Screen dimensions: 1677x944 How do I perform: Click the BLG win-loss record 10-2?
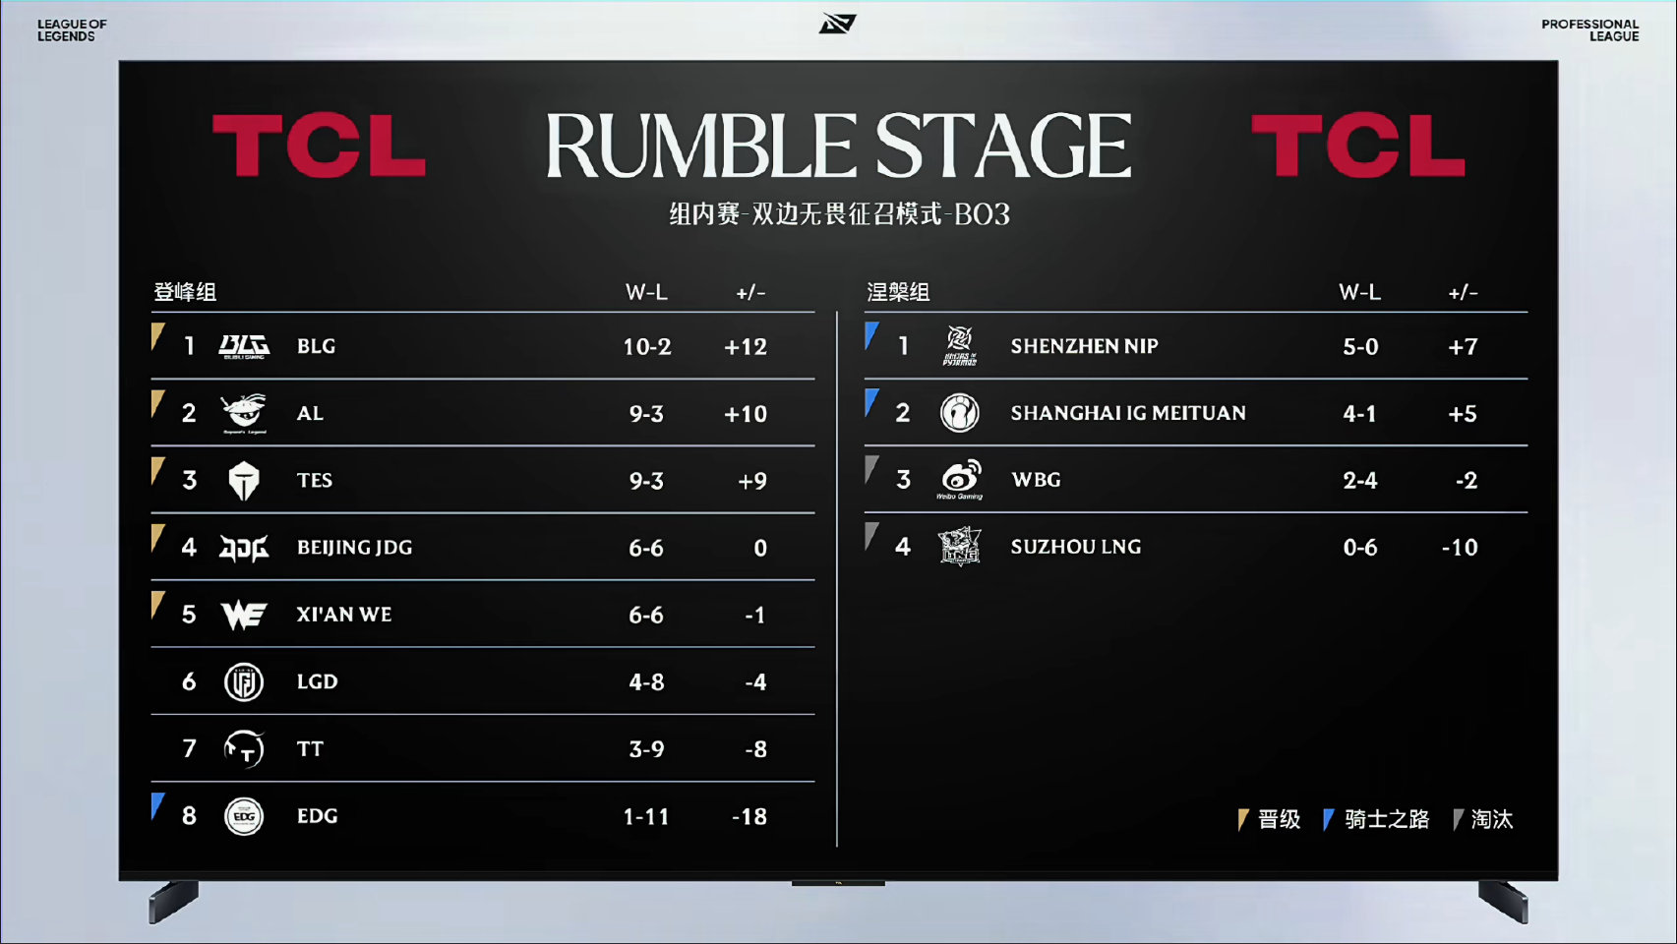647,346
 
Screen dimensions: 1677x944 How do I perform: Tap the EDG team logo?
243,816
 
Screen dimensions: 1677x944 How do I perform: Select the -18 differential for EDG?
749,816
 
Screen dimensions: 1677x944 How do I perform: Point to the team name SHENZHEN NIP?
1084,346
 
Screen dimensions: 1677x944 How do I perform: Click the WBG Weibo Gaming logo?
960,479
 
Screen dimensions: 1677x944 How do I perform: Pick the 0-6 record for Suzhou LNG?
1359,548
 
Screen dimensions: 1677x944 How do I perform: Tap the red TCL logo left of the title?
319,146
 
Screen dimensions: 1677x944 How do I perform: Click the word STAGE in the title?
1003,146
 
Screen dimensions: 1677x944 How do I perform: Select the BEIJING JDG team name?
354,548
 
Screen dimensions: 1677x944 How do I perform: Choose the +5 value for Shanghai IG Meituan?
1463,413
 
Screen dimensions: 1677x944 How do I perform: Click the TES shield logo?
243,481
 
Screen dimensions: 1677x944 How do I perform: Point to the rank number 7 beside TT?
190,748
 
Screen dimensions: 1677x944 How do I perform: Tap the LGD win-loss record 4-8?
646,682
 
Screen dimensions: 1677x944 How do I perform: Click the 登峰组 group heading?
185,292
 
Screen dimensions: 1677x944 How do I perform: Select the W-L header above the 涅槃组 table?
1359,292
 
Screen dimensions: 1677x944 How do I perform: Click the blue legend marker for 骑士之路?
1328,820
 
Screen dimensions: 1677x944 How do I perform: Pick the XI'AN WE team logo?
243,615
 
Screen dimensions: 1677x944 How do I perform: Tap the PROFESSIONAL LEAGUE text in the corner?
1590,29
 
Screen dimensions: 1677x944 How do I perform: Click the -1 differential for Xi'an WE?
754,615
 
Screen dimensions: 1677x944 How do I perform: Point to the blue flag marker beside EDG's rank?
156,805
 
